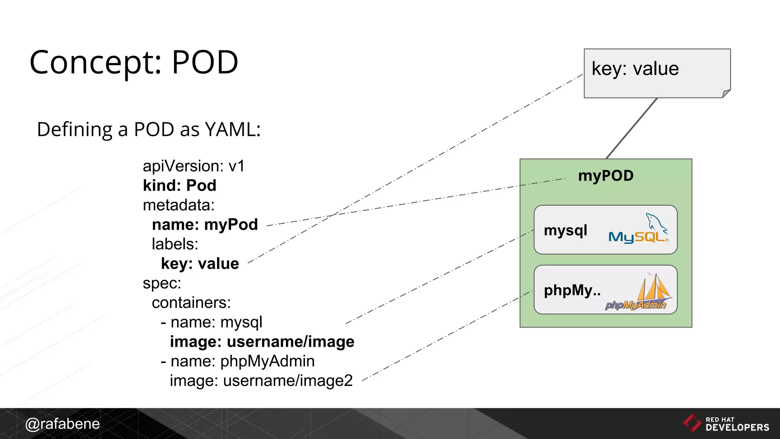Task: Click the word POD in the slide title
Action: coord(205,62)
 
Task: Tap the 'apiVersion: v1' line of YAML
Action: coord(193,167)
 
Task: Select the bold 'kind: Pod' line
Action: coord(179,186)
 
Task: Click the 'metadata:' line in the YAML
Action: coord(179,205)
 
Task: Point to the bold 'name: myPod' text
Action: coord(205,225)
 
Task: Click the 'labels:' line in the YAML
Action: coord(175,244)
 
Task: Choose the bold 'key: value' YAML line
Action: coord(200,264)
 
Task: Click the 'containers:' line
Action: coord(191,303)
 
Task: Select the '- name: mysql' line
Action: coord(212,322)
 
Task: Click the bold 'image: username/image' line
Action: coord(262,342)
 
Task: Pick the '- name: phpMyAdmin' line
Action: coord(238,361)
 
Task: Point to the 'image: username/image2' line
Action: coord(261,381)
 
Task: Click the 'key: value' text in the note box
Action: coord(635,69)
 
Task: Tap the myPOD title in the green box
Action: coord(606,176)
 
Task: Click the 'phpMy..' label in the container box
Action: coord(572,290)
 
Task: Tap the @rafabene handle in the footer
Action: coord(62,424)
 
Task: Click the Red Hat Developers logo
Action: coord(726,424)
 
